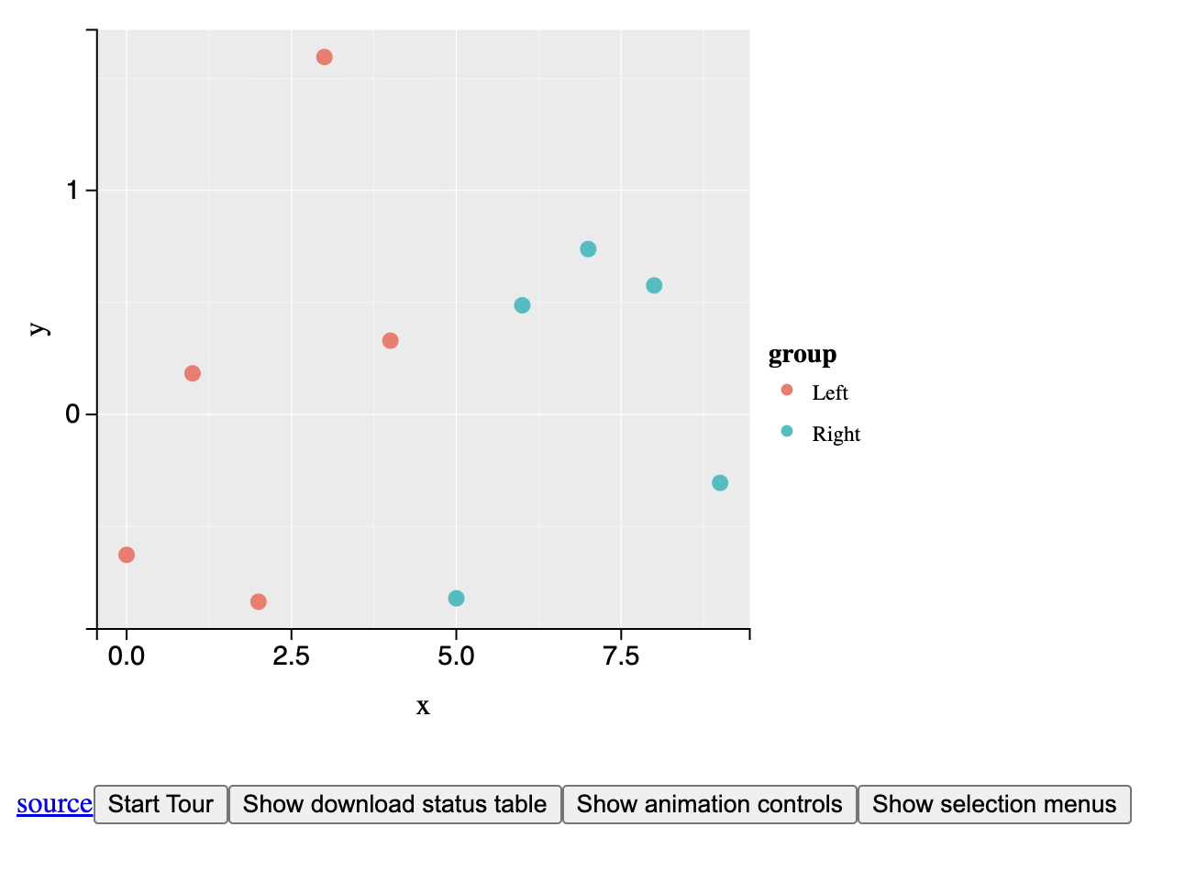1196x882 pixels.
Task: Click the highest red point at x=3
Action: [x=324, y=57]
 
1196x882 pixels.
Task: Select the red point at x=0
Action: [x=127, y=555]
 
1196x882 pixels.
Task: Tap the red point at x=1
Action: [x=193, y=373]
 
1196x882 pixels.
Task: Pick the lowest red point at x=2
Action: [x=259, y=601]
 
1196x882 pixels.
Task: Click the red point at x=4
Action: [x=390, y=341]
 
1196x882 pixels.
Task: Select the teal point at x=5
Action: [x=456, y=599]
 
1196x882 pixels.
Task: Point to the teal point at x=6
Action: [x=522, y=305]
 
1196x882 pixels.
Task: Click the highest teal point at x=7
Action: [x=588, y=249]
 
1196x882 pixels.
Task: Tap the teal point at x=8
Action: [x=654, y=285]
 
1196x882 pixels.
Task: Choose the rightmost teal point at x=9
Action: [x=720, y=483]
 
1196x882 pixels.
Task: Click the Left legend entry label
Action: [x=830, y=393]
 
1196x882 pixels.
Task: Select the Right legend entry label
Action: [x=836, y=435]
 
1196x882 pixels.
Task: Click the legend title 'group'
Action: [x=802, y=355]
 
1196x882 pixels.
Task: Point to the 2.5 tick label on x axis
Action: [x=291, y=656]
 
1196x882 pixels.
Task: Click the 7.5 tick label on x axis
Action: [x=621, y=656]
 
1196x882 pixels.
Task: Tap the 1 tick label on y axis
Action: [x=72, y=191]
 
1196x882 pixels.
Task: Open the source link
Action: [x=54, y=804]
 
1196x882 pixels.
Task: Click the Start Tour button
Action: [x=161, y=804]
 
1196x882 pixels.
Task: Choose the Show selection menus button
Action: [x=994, y=804]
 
